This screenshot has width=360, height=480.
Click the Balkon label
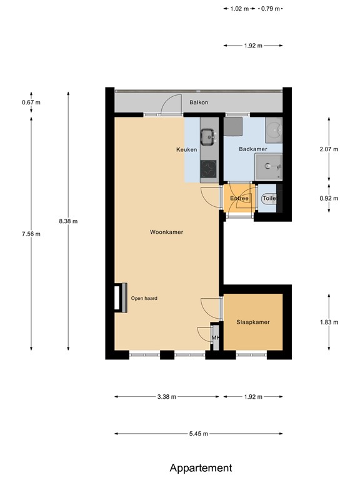click(198, 102)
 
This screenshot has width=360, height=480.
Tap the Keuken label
click(186, 150)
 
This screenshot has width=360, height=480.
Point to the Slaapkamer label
click(252, 322)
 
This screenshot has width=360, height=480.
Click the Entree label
click(239, 199)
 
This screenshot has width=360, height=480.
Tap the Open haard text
click(144, 298)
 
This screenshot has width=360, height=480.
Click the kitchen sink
click(207, 134)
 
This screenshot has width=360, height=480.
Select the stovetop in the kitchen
click(208, 169)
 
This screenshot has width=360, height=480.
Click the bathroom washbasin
click(269, 166)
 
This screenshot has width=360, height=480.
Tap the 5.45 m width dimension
click(198, 434)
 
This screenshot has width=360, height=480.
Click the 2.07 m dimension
click(328, 149)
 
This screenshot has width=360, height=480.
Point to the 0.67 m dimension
click(31, 102)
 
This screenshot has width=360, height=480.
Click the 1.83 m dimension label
click(328, 322)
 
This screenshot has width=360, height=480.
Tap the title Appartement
click(201, 467)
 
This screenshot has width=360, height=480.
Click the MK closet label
click(216, 338)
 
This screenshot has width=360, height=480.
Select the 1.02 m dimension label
click(239, 9)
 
